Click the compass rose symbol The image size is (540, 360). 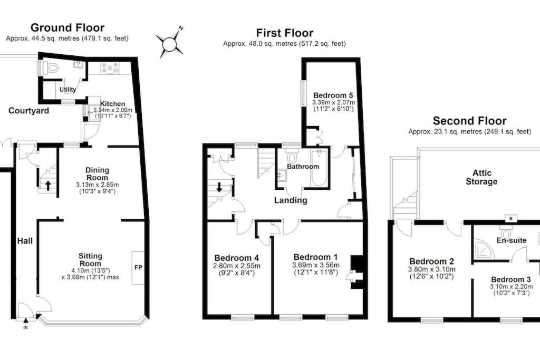(169, 43)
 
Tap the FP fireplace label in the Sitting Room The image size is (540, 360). (138, 267)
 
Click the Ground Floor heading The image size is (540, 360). (67, 27)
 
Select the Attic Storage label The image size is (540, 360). (481, 177)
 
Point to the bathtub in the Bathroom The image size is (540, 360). (319, 167)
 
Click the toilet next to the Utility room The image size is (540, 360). (51, 67)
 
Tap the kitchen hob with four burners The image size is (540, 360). (110, 68)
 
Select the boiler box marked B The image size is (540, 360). (510, 218)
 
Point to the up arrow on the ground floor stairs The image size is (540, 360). (48, 186)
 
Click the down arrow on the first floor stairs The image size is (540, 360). (219, 188)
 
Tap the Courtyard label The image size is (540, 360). (28, 111)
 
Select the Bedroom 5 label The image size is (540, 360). (333, 95)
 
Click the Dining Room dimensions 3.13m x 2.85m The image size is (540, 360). (97, 185)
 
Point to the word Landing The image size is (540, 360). (291, 200)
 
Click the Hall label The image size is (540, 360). (25, 240)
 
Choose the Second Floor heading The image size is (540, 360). (469, 121)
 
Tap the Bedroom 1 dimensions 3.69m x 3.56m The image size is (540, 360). (315, 265)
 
